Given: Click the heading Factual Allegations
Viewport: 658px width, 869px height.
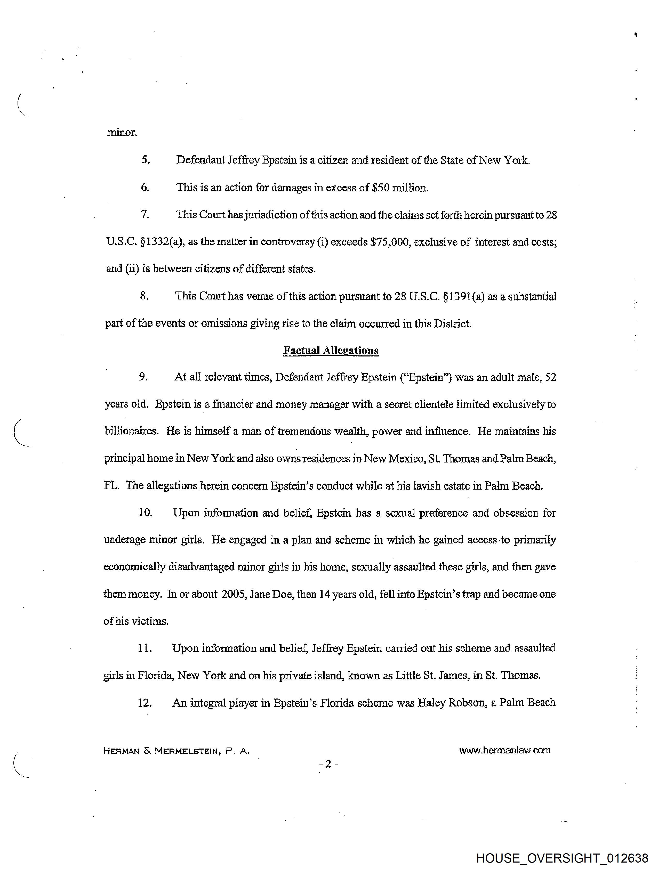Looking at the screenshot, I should (x=331, y=351).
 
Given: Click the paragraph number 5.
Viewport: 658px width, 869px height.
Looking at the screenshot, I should (x=146, y=160).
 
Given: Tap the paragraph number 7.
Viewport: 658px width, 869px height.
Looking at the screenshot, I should (x=145, y=215).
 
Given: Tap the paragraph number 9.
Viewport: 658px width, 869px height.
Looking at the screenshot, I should (x=143, y=377).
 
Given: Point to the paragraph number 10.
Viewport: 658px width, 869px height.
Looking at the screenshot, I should (x=145, y=513).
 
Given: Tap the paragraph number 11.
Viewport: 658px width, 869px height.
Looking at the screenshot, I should (x=145, y=648).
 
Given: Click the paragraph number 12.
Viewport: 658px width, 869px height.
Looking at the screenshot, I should (x=145, y=702).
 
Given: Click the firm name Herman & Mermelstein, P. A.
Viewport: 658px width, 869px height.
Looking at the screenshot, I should (x=176, y=751).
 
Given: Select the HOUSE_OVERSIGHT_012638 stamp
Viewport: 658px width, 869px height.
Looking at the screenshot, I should (x=562, y=858).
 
